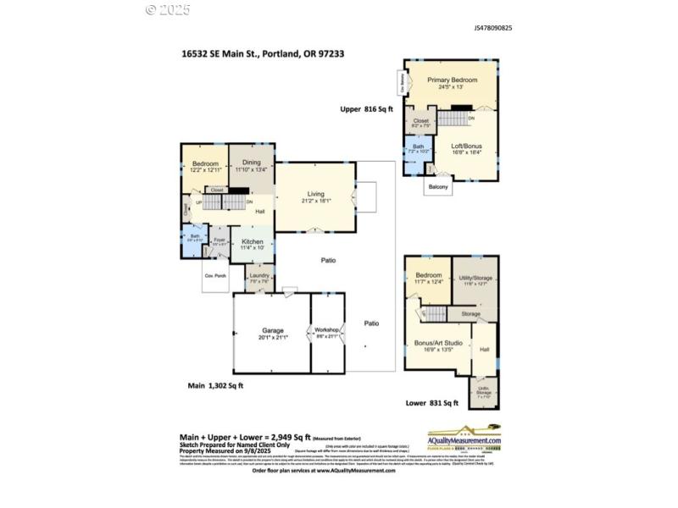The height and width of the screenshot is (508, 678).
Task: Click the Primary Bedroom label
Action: [452, 80]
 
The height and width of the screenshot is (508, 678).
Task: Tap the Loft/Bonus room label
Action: [465, 145]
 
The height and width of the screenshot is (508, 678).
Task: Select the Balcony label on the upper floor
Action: [438, 186]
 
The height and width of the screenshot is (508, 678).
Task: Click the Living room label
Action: [315, 195]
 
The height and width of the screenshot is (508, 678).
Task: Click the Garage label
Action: [273, 331]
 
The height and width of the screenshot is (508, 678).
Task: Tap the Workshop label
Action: [327, 329]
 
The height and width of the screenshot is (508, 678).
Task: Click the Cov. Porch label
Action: [214, 276]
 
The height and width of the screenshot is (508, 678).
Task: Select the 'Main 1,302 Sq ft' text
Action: [215, 385]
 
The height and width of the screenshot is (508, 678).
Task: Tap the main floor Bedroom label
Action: [205, 163]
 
